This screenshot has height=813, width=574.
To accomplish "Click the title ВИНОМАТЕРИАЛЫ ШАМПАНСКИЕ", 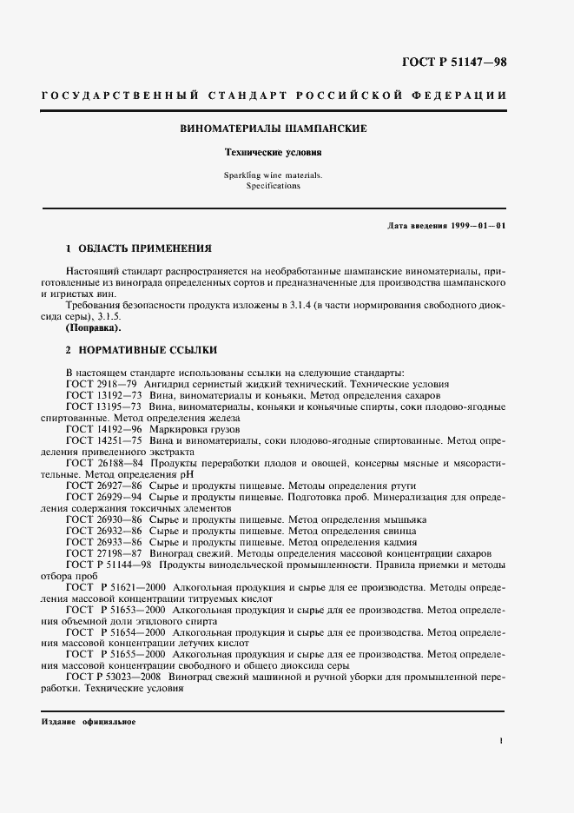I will pyautogui.click(x=274, y=129).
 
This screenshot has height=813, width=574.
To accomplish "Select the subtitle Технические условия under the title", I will pyautogui.click(x=274, y=151).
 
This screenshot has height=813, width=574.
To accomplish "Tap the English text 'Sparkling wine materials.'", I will pyautogui.click(x=273, y=175).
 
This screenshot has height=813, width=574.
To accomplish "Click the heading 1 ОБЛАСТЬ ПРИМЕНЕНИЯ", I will pyautogui.click(x=138, y=248).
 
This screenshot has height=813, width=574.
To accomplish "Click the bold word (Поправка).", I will pyautogui.click(x=94, y=330).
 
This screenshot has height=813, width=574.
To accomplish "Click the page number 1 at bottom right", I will pyautogui.click(x=502, y=741).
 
